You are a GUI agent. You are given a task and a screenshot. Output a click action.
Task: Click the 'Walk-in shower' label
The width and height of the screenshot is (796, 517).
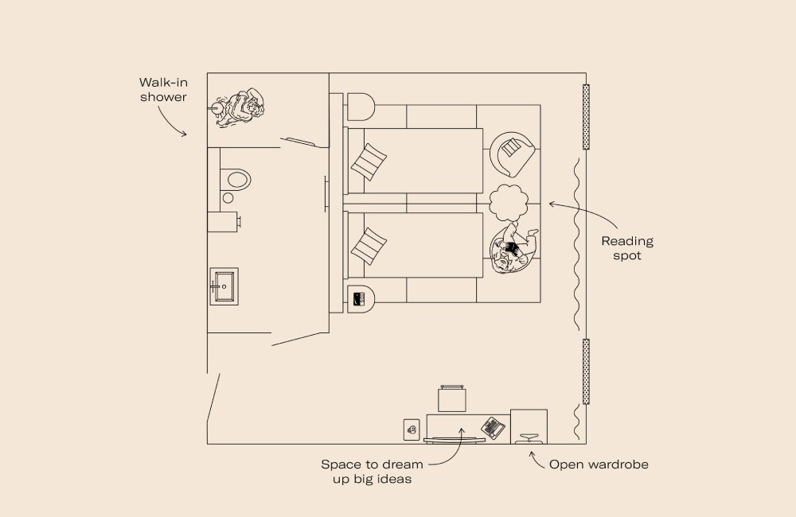point(163,89)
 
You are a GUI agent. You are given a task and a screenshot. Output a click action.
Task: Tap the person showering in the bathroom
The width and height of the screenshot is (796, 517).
point(240,108)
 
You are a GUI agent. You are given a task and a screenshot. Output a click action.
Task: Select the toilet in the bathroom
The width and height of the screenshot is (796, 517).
point(235,180)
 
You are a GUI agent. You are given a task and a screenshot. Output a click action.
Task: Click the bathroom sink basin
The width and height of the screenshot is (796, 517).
point(223,285)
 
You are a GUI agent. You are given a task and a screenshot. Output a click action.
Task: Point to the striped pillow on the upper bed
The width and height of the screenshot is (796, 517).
point(369,161)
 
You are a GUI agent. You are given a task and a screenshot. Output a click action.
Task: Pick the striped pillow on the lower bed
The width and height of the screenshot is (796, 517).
point(369,245)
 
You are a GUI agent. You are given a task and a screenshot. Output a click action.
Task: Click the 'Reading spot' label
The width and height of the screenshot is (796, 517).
point(626,248)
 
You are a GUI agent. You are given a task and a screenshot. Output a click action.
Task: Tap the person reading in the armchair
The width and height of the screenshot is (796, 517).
point(513,248)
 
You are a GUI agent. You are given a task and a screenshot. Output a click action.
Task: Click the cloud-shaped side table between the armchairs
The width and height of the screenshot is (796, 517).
point(509,204)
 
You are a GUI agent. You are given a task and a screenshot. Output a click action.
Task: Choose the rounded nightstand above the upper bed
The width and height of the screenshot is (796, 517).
point(359,107)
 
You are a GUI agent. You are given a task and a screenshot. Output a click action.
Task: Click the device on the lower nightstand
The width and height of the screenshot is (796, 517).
point(358,300)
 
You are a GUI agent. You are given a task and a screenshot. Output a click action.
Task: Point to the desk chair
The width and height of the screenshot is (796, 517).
point(451,398)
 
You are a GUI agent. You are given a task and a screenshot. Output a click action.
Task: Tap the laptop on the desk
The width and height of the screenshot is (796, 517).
point(494,427)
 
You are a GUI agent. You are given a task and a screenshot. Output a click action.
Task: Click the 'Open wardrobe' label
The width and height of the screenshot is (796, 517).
point(599,464)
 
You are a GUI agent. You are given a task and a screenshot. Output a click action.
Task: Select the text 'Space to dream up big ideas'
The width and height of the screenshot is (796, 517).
point(372,472)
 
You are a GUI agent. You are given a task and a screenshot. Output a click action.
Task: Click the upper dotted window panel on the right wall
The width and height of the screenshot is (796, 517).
point(586,116)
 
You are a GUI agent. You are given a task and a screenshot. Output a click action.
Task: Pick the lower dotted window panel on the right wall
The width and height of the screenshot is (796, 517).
point(586,371)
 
